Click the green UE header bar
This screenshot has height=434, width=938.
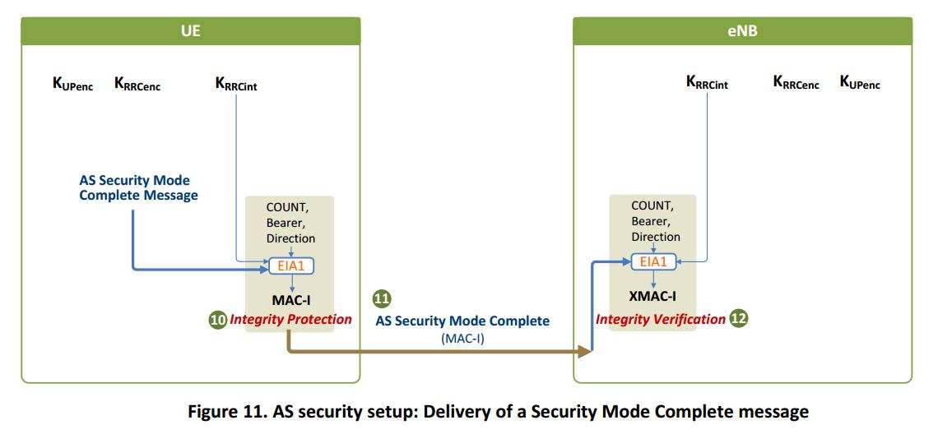tap(190, 31)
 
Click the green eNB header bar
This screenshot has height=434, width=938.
tap(742, 31)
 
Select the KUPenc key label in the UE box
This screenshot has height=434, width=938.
tap(72, 84)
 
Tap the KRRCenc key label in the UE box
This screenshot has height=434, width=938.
tap(137, 84)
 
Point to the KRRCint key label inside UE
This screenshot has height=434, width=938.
tap(235, 84)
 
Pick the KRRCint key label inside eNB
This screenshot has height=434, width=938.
tap(707, 83)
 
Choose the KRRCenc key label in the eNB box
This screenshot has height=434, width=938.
tap(796, 83)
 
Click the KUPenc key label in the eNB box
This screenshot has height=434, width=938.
tap(859, 83)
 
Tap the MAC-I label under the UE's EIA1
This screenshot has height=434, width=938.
tap(290, 300)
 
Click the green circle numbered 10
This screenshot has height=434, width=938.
tap(217, 321)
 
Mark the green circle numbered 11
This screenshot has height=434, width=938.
tap(382, 299)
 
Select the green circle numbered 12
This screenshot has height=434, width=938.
tap(739, 319)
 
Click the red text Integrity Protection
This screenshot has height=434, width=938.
tap(290, 320)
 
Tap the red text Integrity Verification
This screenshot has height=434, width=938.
tap(661, 319)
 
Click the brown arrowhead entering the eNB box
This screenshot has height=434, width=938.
tap(585, 352)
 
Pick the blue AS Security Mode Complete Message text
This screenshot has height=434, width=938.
tap(138, 187)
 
